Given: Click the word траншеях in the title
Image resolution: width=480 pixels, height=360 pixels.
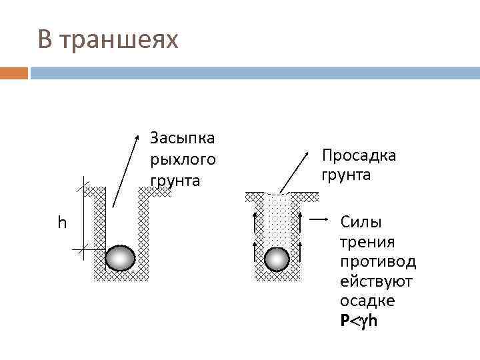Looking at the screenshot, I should point(119,40).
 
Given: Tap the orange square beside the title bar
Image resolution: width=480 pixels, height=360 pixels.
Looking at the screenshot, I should point(14,73).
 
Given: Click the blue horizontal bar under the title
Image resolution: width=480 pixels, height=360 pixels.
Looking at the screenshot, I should point(253,73).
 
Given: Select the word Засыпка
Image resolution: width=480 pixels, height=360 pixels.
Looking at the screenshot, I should point(182,138).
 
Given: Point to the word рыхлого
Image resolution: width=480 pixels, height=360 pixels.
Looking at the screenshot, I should point(183,159).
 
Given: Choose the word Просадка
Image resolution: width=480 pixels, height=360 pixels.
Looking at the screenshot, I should point(359,155).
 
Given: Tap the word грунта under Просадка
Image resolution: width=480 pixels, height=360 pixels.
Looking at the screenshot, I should point(347,175).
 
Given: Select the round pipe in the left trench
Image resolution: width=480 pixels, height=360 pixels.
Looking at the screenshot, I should point(121,258).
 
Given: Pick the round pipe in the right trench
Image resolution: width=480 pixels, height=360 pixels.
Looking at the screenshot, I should point(277,259).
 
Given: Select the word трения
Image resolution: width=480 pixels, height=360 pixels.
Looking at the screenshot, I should point(367,241).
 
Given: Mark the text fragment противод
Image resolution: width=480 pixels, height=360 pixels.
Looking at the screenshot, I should point(377,261).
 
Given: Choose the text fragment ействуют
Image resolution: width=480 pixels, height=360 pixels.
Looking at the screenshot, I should point(376,281).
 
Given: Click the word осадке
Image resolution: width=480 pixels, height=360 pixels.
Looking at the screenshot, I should point(367,301).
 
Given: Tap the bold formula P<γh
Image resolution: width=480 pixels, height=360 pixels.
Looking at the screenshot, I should point(361,321).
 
